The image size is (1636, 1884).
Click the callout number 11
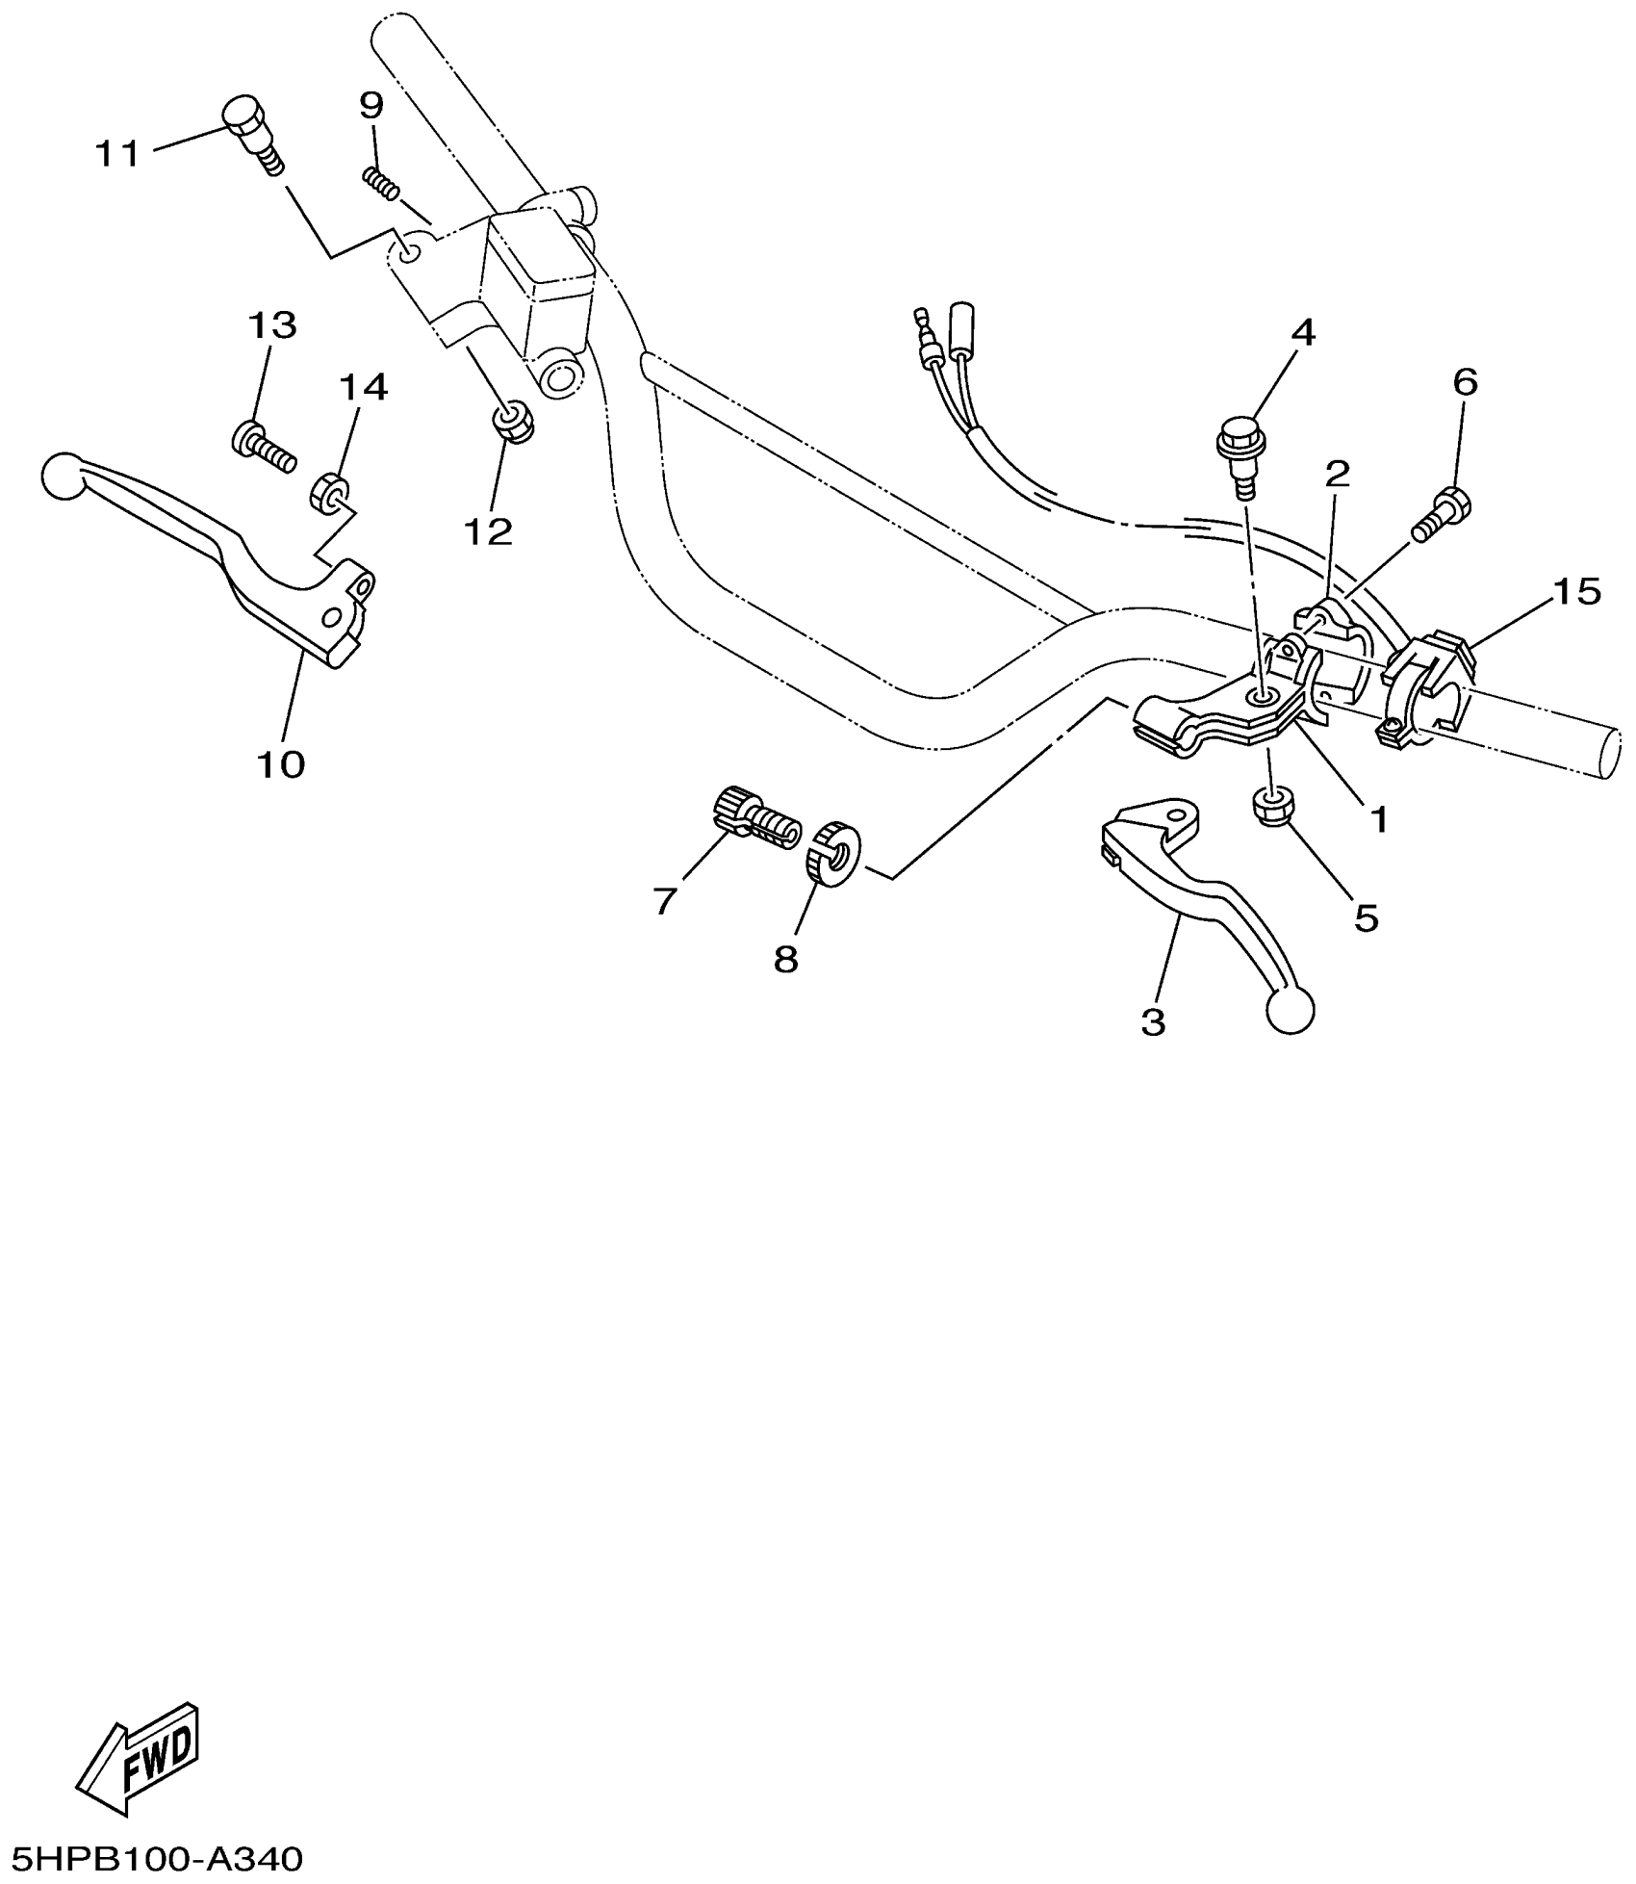click(x=117, y=155)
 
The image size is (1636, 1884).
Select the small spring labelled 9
click(x=381, y=183)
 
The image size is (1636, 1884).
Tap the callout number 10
click(x=281, y=765)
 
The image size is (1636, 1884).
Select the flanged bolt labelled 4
click(x=1241, y=452)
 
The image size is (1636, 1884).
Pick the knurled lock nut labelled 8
click(x=833, y=853)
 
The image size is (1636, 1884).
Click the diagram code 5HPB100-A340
click(x=154, y=1858)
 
